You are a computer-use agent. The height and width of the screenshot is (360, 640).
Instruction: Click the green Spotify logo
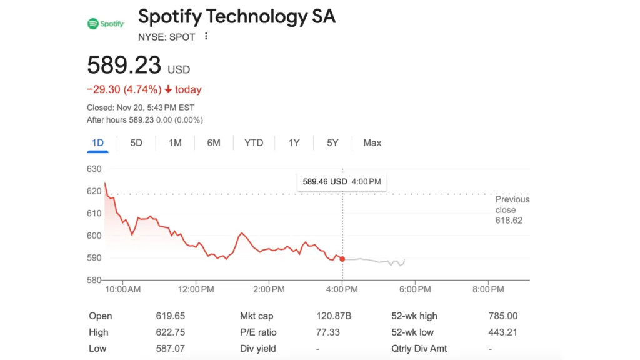(106, 24)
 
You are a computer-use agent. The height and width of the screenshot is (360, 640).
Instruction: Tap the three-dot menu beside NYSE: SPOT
(206, 36)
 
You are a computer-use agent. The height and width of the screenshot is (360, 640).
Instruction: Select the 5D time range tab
(136, 143)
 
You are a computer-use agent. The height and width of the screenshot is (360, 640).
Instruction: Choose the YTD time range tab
(254, 143)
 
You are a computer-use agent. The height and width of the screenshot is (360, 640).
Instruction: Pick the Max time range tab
(372, 143)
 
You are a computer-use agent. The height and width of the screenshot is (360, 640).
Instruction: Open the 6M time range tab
(214, 143)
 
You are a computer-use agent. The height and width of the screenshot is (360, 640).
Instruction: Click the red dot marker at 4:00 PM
(342, 259)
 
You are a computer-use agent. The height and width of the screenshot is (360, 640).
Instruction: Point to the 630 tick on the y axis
(94, 169)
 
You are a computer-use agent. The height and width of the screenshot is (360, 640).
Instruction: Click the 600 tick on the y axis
(94, 236)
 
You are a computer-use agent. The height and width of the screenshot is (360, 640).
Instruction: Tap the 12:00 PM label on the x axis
(196, 289)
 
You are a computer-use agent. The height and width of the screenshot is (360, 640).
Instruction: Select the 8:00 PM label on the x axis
(488, 289)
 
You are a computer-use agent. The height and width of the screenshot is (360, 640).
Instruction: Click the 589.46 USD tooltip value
(325, 182)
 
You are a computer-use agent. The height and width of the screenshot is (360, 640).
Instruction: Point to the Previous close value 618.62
(509, 221)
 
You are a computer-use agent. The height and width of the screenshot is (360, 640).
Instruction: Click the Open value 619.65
(170, 316)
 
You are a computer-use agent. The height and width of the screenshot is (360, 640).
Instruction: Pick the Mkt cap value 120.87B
(334, 316)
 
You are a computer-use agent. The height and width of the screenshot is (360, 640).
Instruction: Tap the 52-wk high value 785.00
(503, 316)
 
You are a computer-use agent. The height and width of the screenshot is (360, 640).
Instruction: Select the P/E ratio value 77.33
(327, 332)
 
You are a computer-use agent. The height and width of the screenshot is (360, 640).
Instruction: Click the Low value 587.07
(170, 349)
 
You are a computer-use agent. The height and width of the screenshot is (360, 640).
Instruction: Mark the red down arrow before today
(168, 89)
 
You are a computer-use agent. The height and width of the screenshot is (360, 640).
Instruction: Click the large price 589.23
(124, 65)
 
